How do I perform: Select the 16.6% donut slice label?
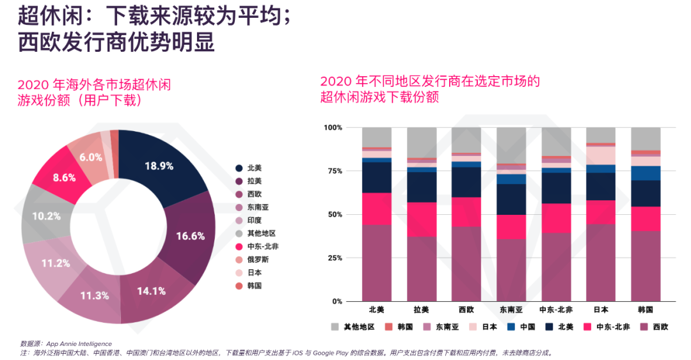(190, 236)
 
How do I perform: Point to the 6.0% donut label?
(91, 157)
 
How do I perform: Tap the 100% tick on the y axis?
(333, 128)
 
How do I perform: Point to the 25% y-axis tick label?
(335, 258)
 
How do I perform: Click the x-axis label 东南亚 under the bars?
(511, 309)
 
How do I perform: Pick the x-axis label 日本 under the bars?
(600, 309)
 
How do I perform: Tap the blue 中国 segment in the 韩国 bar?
(646, 173)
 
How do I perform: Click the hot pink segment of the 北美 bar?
(377, 208)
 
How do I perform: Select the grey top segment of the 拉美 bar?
(422, 142)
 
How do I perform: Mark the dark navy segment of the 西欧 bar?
(466, 182)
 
